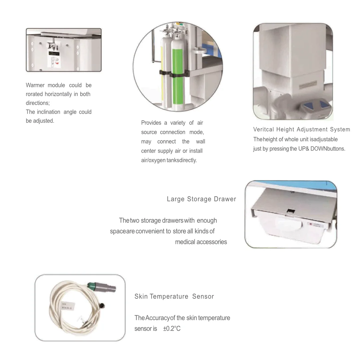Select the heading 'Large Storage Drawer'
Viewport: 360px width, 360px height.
coord(201,199)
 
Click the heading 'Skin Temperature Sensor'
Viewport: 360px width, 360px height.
coord(174,296)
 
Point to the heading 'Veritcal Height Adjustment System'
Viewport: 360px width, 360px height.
coord(301,129)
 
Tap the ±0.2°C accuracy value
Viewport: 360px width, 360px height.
coord(172,329)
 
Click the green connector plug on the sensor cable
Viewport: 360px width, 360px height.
coord(92,285)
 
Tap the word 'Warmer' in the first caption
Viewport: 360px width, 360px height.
coord(35,85)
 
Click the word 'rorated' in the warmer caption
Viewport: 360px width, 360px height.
coord(35,94)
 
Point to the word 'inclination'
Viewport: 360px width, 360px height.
coord(49,112)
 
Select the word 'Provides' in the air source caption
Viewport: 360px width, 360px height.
coord(151,123)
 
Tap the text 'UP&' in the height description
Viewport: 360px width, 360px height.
coord(304,149)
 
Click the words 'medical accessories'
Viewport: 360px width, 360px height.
coord(201,242)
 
